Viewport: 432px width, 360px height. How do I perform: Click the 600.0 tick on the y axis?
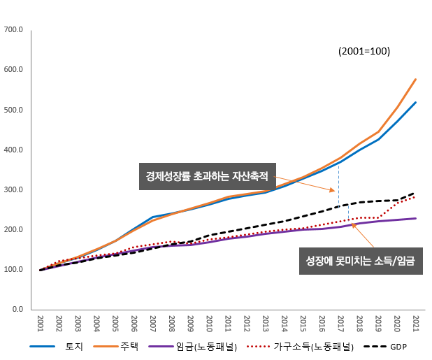pyautogui.click(x=14, y=70)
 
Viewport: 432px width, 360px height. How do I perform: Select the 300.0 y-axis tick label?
pyautogui.click(x=14, y=189)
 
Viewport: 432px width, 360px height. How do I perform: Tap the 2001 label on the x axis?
pyautogui.click(x=41, y=324)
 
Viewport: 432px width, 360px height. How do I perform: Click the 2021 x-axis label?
pyautogui.click(x=416, y=324)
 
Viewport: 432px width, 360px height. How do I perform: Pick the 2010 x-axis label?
pyautogui.click(x=209, y=324)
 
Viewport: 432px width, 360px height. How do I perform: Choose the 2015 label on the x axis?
pyautogui.click(x=303, y=324)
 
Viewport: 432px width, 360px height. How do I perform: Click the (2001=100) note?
pyautogui.click(x=363, y=51)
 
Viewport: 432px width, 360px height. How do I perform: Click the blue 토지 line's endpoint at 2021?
pyautogui.click(x=416, y=102)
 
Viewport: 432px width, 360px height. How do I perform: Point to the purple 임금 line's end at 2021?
pyautogui.click(x=416, y=218)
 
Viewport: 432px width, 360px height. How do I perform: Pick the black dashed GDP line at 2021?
pyautogui.click(x=416, y=193)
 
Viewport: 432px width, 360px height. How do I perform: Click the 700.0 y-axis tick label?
pyautogui.click(x=14, y=30)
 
